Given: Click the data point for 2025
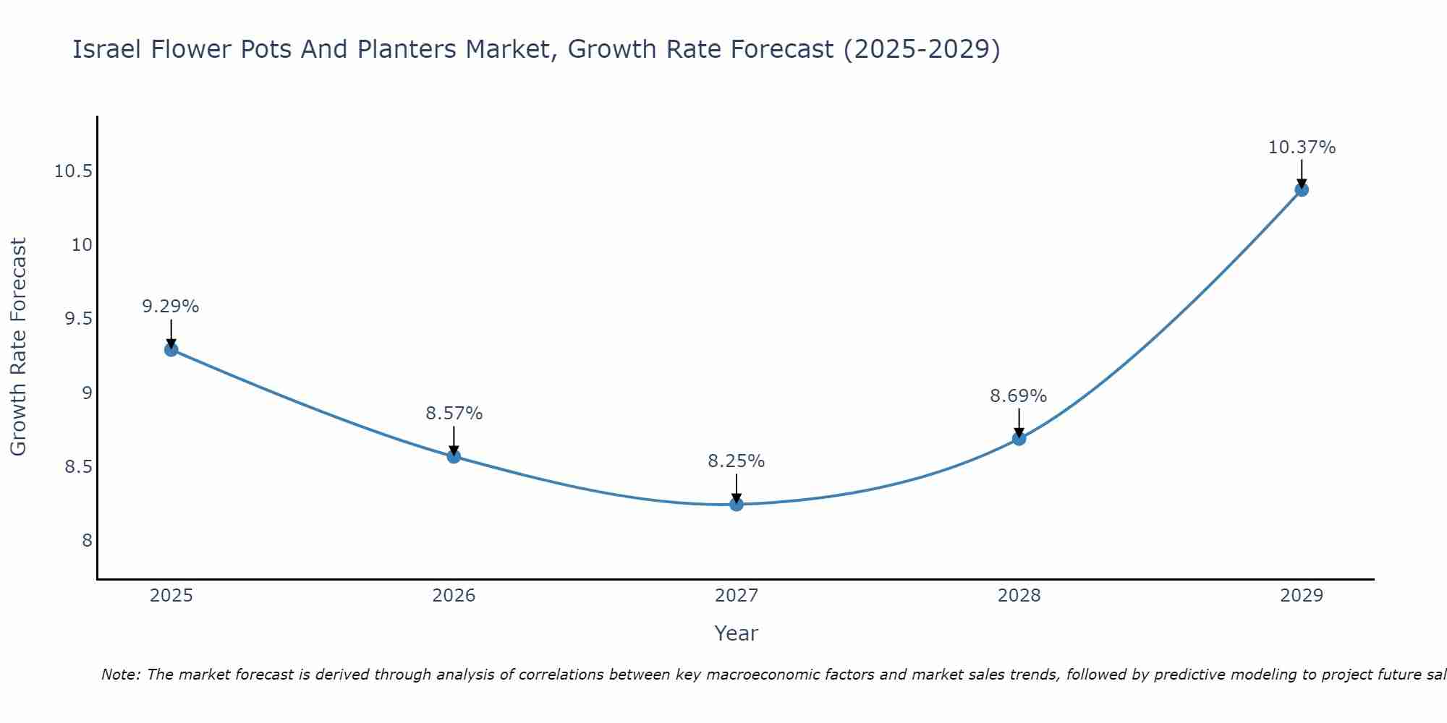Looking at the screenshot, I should [x=171, y=350].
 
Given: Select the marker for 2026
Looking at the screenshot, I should [x=454, y=456].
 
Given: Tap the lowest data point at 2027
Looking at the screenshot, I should [x=737, y=504].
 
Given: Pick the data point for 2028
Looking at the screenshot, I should [x=1019, y=438].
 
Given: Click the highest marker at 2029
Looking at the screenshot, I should [x=1302, y=189].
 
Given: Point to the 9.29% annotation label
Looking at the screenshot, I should [x=171, y=307].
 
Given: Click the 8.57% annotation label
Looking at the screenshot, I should [x=454, y=414].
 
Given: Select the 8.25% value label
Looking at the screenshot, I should [x=737, y=461].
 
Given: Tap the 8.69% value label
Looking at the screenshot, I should [x=1019, y=396].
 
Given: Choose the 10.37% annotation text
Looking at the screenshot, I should [x=1302, y=147].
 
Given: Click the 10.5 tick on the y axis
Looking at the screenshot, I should [x=73, y=171].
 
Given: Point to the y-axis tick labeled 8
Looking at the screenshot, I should [x=88, y=541].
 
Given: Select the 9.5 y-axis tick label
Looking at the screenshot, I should [x=79, y=319].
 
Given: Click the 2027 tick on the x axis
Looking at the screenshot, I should [x=737, y=596].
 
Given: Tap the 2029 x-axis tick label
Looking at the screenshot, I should [x=1302, y=596].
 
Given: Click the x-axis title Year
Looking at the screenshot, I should [x=737, y=633].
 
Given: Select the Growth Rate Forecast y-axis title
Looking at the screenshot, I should [x=19, y=347].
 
